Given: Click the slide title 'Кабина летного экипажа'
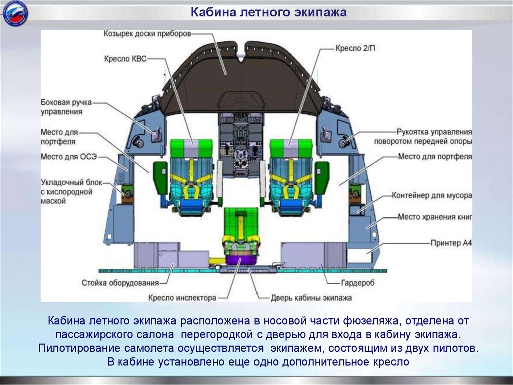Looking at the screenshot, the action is pos(268,12).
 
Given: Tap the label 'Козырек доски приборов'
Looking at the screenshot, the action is pos(147,34).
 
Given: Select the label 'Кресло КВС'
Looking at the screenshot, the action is pos(125,59).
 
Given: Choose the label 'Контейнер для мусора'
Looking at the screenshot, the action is pos(432,195).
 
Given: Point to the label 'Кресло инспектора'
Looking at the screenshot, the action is pos(182,298).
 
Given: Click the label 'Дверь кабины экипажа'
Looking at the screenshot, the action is pos(311,298).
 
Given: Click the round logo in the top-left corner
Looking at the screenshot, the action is pos(16,15).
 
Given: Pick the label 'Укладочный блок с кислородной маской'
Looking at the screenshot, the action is pos(67,191).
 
